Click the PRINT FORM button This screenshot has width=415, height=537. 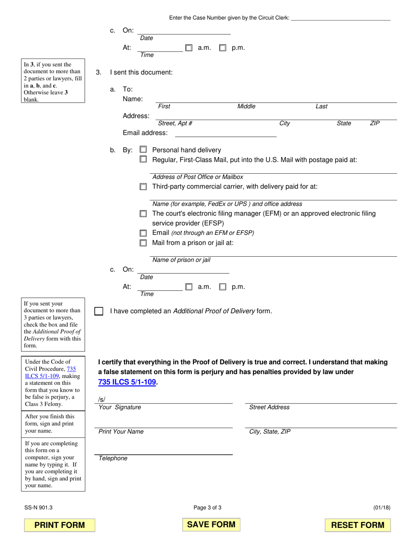pos(59,525)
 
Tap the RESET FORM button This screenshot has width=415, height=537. pos(358,525)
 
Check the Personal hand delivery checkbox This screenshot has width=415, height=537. pos(143,149)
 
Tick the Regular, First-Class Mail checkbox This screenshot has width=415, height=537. pos(143,160)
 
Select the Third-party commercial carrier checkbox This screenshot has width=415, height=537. pos(143,187)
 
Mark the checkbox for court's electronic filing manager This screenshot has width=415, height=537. pos(143,214)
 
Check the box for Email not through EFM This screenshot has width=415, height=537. pos(143,233)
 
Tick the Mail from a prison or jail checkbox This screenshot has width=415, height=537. pos(143,243)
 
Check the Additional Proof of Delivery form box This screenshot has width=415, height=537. pos(99,311)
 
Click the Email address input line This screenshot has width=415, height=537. pos(225,133)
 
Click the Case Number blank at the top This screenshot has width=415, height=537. pos(340,17)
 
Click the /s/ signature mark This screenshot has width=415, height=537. pos(102,399)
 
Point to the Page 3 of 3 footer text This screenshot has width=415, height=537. pos(207,507)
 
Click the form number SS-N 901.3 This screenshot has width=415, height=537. pos(39,507)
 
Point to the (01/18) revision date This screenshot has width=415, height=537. pos(382,507)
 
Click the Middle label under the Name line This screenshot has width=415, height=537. pos(246,107)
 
